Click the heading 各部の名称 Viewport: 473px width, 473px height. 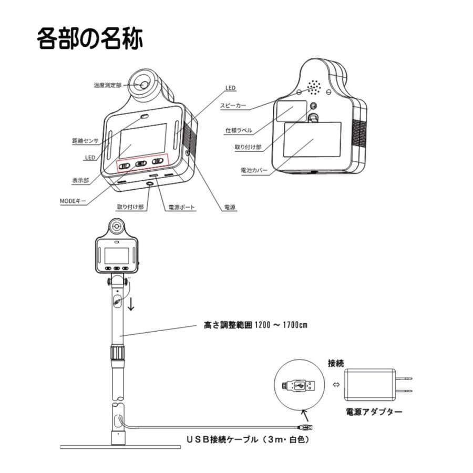[90, 39]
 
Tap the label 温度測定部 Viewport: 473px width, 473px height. [108, 84]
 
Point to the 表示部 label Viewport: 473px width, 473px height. [80, 180]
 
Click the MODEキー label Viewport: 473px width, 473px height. [73, 200]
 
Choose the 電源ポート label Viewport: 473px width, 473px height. [181, 208]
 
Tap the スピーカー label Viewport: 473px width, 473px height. [233, 105]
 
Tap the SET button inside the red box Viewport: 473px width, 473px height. [141, 163]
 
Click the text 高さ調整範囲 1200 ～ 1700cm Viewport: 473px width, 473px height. [255, 325]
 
